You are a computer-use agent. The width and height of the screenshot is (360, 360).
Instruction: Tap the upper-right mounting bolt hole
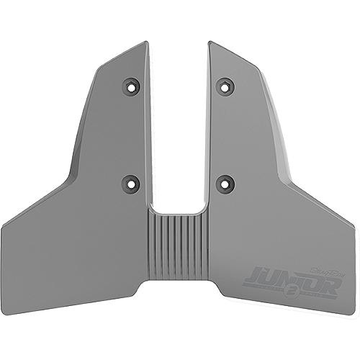tap(226, 87)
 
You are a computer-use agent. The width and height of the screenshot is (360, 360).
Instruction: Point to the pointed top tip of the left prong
tap(145, 42)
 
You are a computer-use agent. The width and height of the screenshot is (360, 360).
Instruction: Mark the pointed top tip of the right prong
tap(210, 42)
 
